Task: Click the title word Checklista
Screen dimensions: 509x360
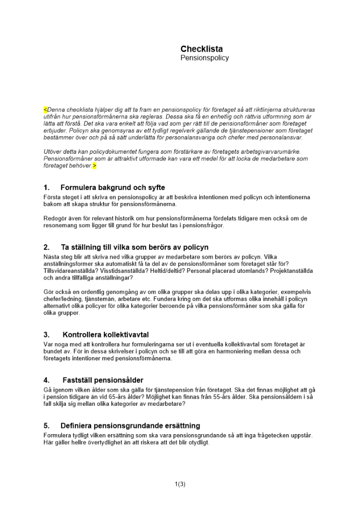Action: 201,49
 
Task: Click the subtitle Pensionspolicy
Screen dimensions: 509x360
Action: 205,58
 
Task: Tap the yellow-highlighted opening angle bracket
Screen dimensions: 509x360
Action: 45,109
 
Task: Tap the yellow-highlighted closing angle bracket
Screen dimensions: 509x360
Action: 94,165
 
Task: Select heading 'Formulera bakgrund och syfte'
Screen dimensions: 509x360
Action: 113,188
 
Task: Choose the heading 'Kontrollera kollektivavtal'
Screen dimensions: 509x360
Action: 105,335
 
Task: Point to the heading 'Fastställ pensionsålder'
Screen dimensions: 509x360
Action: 103,380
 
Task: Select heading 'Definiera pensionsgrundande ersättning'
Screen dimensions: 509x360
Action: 130,426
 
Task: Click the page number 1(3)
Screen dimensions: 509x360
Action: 180,484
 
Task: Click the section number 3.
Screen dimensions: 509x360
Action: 46,335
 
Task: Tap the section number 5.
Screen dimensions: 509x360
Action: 46,426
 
